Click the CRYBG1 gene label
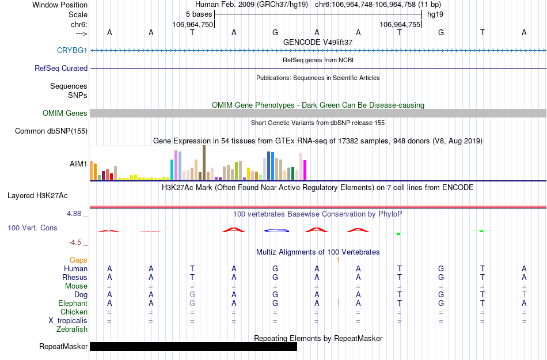(x=72, y=51)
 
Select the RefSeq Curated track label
(x=61, y=68)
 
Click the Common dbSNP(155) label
(x=51, y=131)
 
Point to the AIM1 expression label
(x=78, y=164)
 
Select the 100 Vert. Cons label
(x=32, y=228)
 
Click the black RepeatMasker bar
(x=193, y=346)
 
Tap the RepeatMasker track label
(x=63, y=347)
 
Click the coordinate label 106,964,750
(x=192, y=24)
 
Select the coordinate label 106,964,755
(x=400, y=24)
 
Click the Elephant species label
(x=73, y=304)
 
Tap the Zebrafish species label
(x=72, y=329)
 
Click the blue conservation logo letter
(x=276, y=230)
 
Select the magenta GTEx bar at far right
(x=305, y=170)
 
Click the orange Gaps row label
(x=78, y=260)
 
